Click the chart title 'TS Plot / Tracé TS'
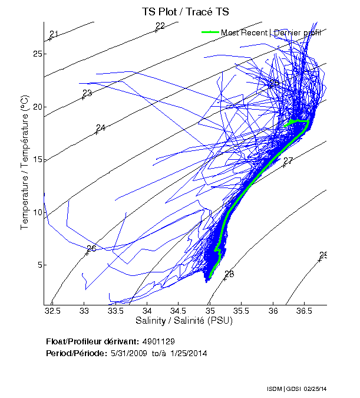click(185, 12)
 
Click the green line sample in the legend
click(210, 32)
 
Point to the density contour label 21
click(54, 34)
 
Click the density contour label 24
click(101, 128)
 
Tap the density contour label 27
click(288, 161)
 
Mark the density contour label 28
click(229, 274)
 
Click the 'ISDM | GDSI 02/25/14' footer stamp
click(298, 390)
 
